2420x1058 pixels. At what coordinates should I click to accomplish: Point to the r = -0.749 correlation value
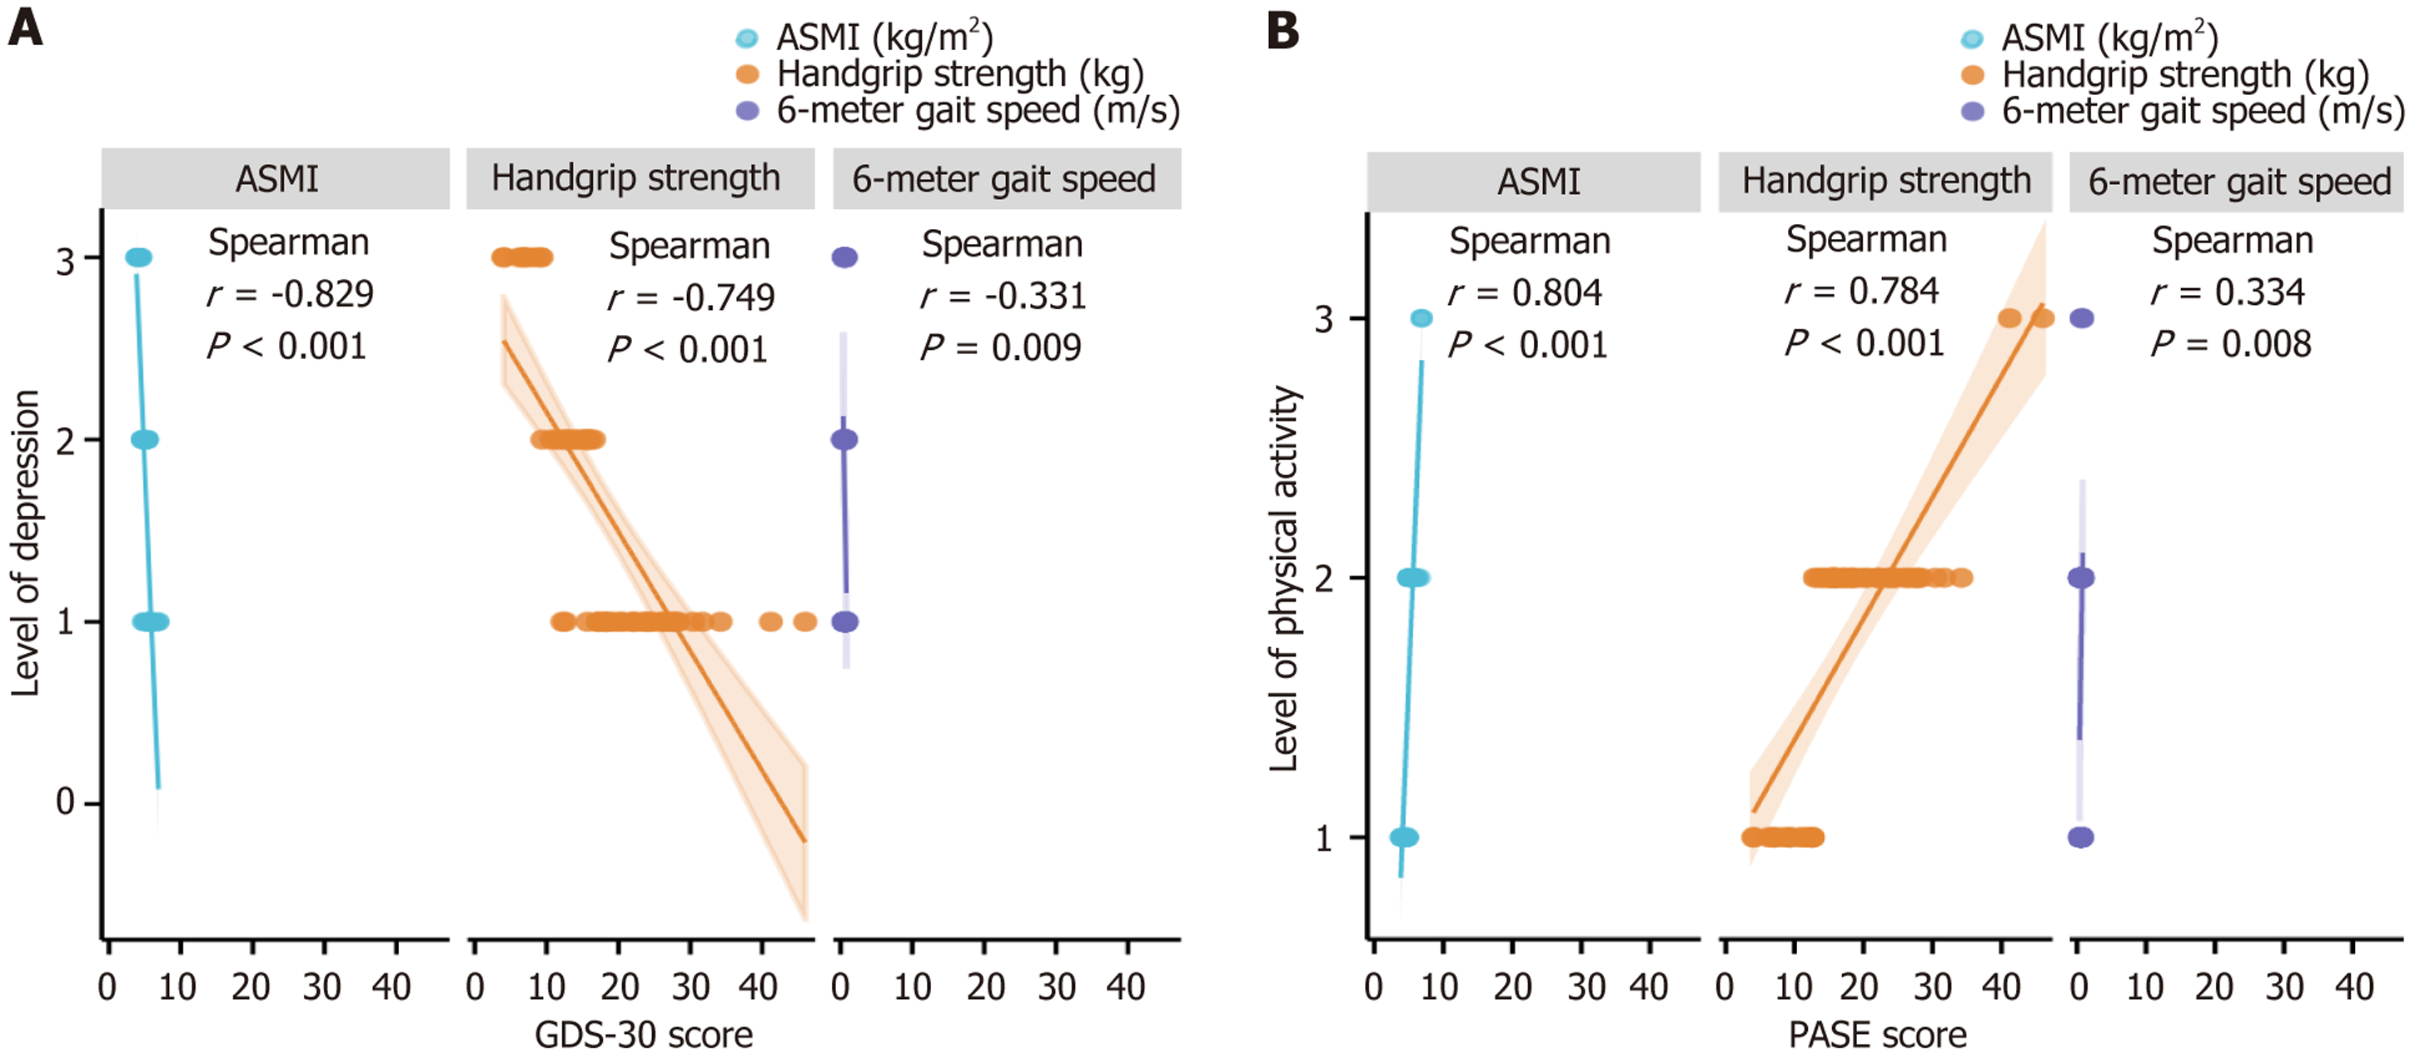tap(691, 298)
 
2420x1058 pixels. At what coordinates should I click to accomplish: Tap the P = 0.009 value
tap(1000, 347)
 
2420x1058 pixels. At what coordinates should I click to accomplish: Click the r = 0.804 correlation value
tap(1525, 293)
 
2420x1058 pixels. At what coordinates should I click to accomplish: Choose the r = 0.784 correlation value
tap(1862, 292)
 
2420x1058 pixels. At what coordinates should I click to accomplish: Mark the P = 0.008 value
tap(2231, 344)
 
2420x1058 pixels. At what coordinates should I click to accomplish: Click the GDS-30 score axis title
tap(644, 1035)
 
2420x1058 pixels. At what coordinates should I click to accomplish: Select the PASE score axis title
tap(1877, 1035)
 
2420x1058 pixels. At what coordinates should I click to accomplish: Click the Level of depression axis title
tap(27, 543)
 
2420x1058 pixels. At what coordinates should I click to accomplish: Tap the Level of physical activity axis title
tap(1284, 578)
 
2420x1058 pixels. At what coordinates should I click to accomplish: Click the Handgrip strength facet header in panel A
tap(636, 178)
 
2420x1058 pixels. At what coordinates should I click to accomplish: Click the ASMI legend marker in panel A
tap(747, 38)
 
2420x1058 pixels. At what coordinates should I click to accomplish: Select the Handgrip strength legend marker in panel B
tap(1973, 75)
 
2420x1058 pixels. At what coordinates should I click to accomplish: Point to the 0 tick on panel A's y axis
tap(65, 802)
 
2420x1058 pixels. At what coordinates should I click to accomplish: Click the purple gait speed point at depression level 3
tap(844, 257)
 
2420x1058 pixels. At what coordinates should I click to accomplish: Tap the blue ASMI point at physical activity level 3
tap(1422, 318)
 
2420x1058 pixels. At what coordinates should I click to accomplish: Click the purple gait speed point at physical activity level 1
tap(2081, 837)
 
